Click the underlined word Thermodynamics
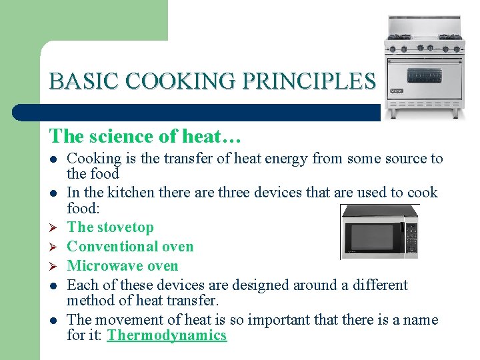167,335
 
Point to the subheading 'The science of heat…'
145,136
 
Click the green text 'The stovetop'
111,227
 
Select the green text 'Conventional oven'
131,247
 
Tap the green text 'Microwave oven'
123,266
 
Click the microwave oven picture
379,231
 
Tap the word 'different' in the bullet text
374,285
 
